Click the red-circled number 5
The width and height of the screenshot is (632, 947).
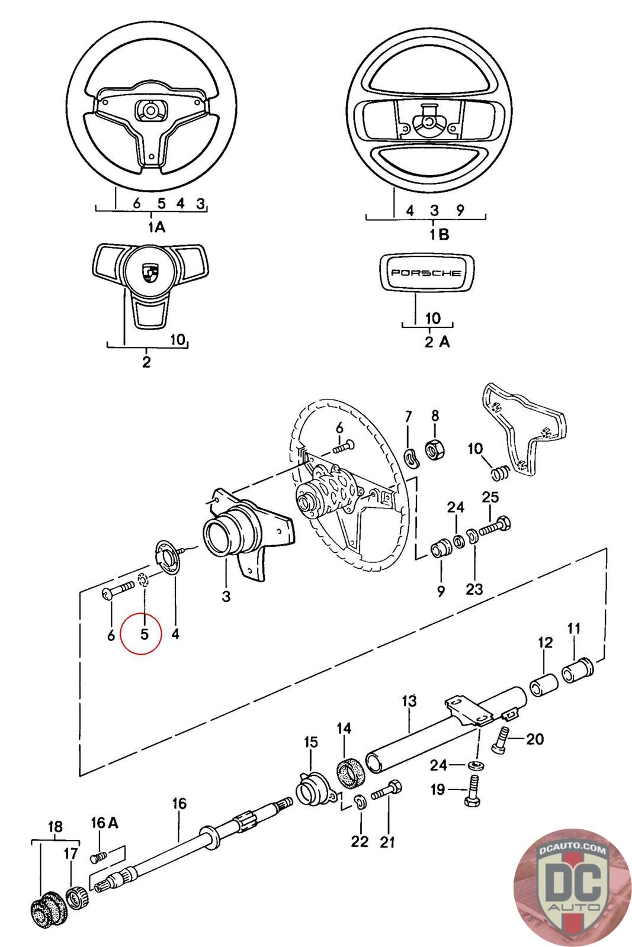coord(143,634)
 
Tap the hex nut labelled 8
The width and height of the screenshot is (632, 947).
coord(435,451)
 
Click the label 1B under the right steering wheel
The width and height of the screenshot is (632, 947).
coord(439,234)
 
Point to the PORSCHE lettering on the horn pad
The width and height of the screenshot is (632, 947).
coord(426,273)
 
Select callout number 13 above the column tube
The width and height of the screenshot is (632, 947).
coord(409,701)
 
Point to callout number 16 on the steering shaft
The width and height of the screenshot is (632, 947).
coord(179,803)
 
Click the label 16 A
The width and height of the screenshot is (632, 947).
coord(105,822)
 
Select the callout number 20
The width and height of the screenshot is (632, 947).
coord(534,739)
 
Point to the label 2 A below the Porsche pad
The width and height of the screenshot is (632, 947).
coord(437,342)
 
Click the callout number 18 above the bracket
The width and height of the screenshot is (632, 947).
coord(54,827)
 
